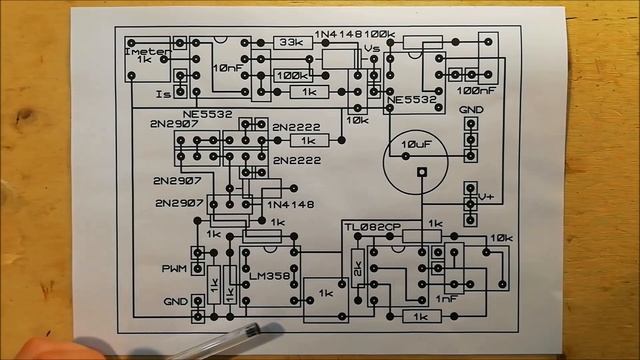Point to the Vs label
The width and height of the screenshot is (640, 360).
pyautogui.click(x=372, y=48)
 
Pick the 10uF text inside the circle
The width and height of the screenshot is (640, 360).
pyautogui.click(x=419, y=145)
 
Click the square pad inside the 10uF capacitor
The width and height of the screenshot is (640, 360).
pyautogui.click(x=423, y=172)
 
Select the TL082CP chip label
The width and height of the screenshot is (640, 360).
pyautogui.click(x=372, y=226)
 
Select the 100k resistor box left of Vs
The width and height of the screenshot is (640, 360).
pyautogui.click(x=292, y=75)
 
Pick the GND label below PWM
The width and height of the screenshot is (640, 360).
pyautogui.click(x=175, y=301)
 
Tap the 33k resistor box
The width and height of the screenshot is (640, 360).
pyautogui.click(x=292, y=43)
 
